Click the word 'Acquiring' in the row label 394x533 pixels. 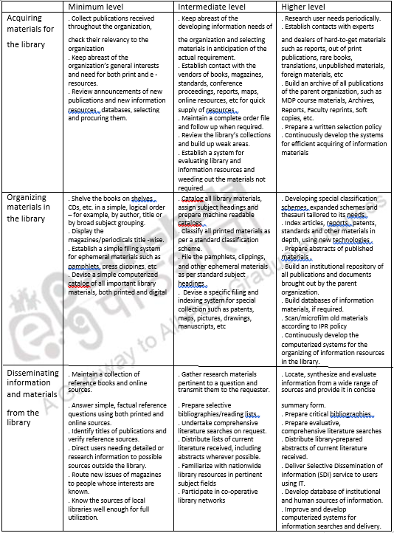click(x=28, y=18)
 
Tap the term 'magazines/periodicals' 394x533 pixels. click(x=94, y=239)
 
